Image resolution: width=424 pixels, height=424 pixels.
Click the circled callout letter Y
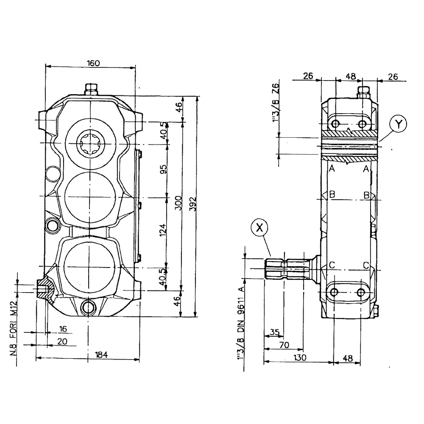[x=398, y=124]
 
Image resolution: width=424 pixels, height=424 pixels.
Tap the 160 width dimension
[x=93, y=63]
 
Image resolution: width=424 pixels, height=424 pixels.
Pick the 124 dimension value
[x=164, y=229]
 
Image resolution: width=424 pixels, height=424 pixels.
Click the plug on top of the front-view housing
[x=91, y=89]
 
